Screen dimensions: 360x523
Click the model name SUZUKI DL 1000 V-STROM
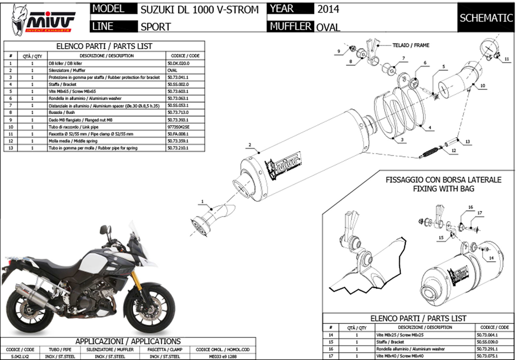(199, 9)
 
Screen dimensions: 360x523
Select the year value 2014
(328, 9)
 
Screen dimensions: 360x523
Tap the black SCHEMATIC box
(486, 18)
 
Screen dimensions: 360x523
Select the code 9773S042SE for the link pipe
(178, 127)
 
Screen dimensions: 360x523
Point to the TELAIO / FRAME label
(410, 45)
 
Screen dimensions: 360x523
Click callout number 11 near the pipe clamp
(507, 60)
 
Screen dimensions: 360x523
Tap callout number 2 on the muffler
(250, 144)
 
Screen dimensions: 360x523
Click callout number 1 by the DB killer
(203, 202)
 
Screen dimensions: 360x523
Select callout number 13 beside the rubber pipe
(467, 141)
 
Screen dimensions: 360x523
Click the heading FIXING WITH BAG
(443, 189)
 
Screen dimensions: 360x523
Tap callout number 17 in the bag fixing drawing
(479, 213)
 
